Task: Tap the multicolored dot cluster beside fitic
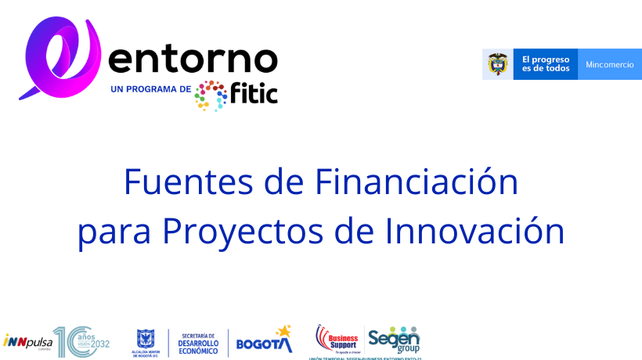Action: pos(211,95)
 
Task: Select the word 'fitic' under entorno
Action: pos(254,93)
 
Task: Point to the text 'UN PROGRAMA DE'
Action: pos(151,89)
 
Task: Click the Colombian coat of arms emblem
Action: pos(497,64)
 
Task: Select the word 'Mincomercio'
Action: pos(609,64)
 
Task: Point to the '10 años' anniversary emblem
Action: pos(81,341)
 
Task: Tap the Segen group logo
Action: pos(394,339)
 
